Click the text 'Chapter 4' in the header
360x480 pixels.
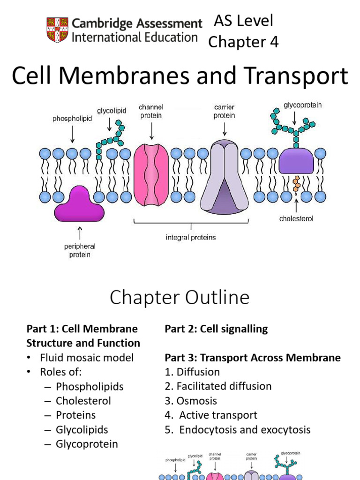tap(243, 42)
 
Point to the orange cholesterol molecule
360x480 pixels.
tap(296, 184)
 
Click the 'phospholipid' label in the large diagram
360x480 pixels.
tap(72, 119)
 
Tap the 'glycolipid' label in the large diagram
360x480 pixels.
tap(109, 111)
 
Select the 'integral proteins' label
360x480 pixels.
tap(191, 238)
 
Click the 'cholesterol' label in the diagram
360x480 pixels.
tap(296, 218)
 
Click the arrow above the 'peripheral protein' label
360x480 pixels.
tap(79, 233)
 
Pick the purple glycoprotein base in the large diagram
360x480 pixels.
tap(296, 162)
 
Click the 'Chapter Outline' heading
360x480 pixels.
tap(180, 298)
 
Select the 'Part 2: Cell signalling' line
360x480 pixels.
tap(216, 329)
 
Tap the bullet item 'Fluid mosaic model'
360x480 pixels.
tap(87, 358)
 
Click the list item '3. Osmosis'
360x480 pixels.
tap(191, 401)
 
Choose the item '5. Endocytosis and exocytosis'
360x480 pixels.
tap(238, 430)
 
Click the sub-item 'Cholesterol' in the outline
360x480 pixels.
tap(83, 401)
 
